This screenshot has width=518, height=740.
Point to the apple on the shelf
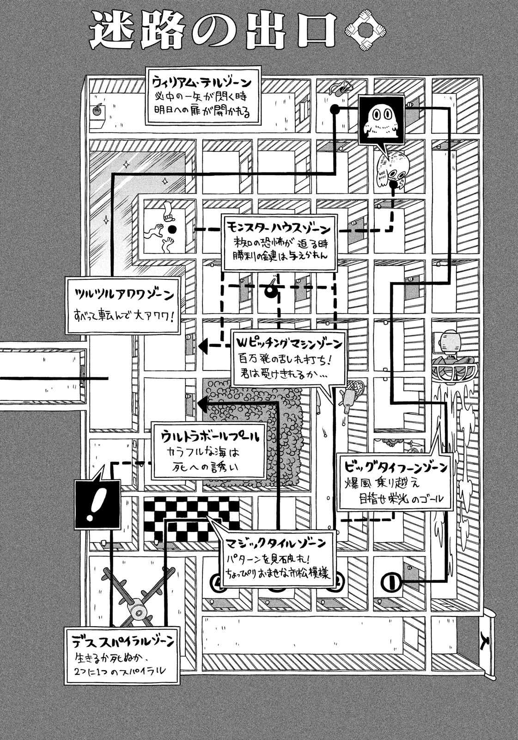coord(97,111)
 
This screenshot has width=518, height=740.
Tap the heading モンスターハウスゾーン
coord(279,228)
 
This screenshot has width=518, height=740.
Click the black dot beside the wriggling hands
coord(172,229)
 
